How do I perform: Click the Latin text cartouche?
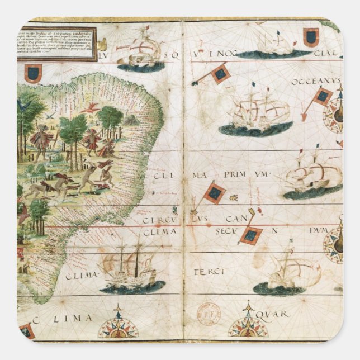click(56, 43)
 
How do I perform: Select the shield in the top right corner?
click(311, 37)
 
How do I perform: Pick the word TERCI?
click(209, 272)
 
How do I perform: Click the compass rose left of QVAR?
click(248, 323)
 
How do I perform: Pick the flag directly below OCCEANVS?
click(321, 97)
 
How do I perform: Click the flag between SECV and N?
click(251, 234)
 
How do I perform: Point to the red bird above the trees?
click(91, 108)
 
